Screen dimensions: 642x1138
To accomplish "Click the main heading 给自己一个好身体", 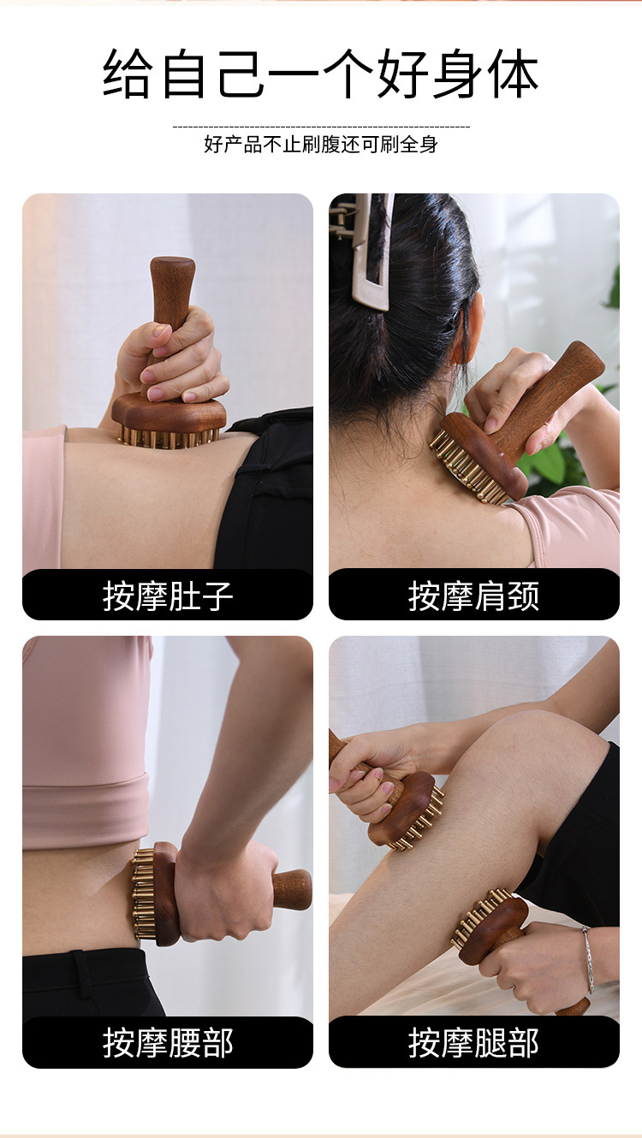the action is click(321, 74).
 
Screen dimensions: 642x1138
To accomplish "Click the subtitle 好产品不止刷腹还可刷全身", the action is click(321, 145).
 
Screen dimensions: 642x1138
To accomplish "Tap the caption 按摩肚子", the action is click(168, 596).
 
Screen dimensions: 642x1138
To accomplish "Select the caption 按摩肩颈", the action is click(473, 596).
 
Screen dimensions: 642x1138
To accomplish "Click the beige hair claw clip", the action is click(367, 250).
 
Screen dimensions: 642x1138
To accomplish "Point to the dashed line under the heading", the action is click(321, 127).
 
